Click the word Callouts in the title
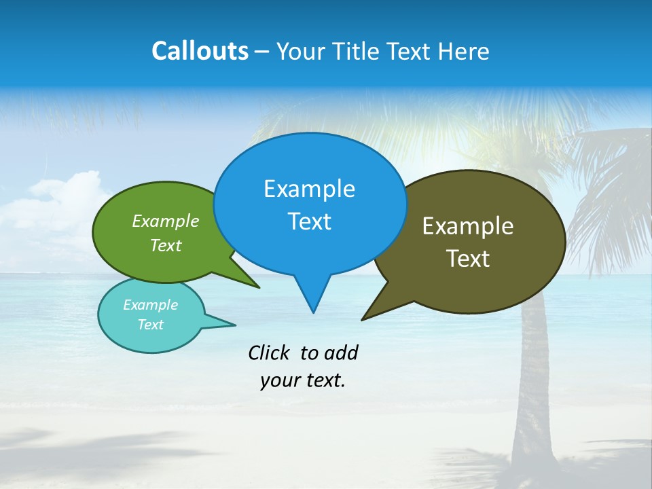(200, 51)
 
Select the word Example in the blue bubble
(309, 189)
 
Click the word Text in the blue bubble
(309, 221)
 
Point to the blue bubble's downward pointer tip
(313, 312)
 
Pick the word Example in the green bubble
(165, 221)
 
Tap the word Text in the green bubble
(165, 245)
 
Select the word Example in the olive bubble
(468, 226)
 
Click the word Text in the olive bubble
(468, 259)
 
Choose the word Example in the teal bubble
(150, 305)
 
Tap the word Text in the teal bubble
(150, 325)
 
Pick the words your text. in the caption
(302, 380)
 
